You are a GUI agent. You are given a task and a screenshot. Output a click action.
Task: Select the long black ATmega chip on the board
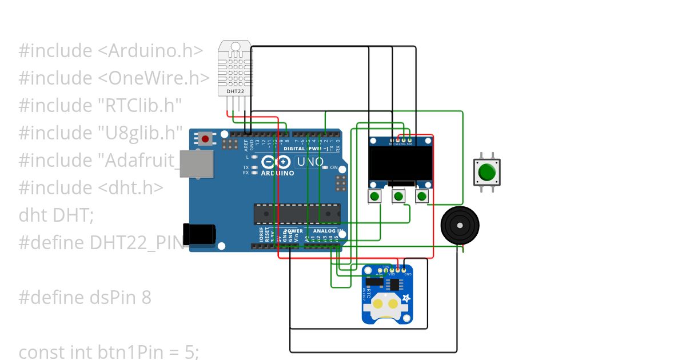(297, 214)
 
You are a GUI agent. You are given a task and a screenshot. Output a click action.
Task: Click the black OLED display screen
(401, 162)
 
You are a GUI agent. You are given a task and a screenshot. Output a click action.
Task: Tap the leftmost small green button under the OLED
(374, 197)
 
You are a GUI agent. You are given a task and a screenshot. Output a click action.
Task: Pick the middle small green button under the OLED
(398, 197)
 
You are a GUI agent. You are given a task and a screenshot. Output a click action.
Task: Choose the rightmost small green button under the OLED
(422, 197)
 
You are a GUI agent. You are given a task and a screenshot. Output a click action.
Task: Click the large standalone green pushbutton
(487, 172)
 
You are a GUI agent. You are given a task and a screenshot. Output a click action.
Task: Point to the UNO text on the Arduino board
(309, 162)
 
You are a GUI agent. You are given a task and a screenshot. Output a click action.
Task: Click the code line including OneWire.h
(114, 78)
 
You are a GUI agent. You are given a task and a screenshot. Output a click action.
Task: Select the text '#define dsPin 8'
(85, 298)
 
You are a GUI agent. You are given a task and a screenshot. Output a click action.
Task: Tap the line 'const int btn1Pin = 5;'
(109, 352)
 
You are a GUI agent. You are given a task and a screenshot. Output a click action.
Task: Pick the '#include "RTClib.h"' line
(100, 106)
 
